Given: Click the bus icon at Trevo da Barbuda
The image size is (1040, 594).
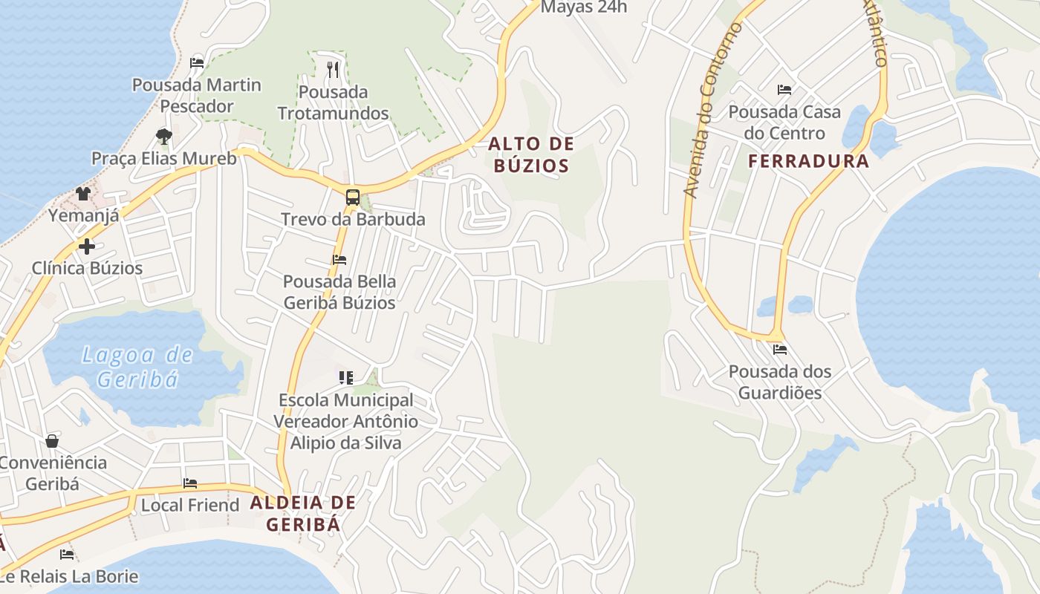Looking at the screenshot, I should click(353, 198).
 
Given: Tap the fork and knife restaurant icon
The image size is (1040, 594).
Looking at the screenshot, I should click(333, 70).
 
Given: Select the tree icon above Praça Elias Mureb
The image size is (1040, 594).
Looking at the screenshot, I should click(164, 136).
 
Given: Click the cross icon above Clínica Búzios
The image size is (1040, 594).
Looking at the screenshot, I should click(87, 247).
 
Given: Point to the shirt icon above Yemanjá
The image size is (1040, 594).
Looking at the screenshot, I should click(82, 194).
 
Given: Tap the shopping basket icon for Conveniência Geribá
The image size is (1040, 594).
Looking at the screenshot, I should click(52, 441).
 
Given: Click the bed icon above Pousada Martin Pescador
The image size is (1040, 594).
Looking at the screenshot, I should click(197, 63).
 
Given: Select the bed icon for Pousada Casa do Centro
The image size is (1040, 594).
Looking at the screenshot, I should click(784, 90).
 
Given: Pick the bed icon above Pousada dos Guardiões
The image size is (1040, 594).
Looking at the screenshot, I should click(779, 349).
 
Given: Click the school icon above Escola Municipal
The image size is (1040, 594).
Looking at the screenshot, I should click(345, 378).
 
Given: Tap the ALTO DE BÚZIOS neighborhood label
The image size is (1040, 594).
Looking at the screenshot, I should click(531, 154).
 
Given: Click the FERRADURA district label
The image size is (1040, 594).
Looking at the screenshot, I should click(808, 161).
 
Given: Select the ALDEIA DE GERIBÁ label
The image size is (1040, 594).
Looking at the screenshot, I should click(303, 513).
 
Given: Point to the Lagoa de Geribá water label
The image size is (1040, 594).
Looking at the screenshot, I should click(138, 367).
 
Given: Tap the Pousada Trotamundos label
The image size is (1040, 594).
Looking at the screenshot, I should click(334, 102).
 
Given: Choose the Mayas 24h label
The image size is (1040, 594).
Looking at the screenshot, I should click(584, 7).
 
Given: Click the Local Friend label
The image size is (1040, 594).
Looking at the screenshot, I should click(190, 505).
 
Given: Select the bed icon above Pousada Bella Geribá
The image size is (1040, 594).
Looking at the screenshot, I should click(339, 260).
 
